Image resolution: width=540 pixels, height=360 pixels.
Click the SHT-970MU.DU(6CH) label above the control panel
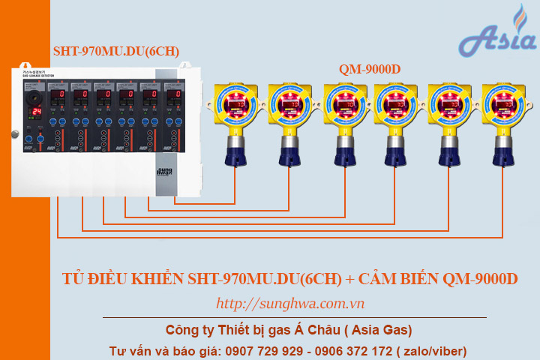click(115, 51)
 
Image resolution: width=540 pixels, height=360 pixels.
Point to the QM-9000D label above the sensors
click(369, 69)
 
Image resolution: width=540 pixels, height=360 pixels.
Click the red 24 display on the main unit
click(35, 111)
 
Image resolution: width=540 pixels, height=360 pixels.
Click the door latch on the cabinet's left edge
click(13, 134)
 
